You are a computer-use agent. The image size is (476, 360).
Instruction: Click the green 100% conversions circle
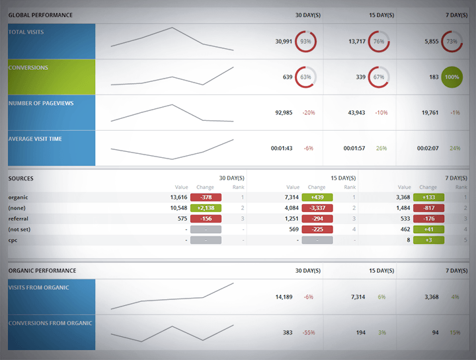pyautogui.click(x=452, y=77)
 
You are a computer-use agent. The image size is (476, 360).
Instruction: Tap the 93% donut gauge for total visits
pyautogui.click(x=305, y=41)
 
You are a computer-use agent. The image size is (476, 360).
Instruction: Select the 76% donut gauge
pyautogui.click(x=378, y=41)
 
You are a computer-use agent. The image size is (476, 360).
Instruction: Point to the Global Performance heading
pyautogui.click(x=40, y=15)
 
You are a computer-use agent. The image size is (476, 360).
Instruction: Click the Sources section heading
pyautogui.click(x=20, y=178)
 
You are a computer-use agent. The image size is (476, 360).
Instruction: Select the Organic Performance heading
pyautogui.click(x=42, y=271)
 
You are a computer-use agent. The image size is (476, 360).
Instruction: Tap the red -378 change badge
pyautogui.click(x=206, y=197)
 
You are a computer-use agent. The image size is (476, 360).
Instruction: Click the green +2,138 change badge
pyautogui.click(x=206, y=207)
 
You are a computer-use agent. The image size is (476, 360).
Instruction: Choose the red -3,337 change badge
pyautogui.click(x=317, y=207)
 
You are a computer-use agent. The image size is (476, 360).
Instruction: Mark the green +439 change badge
pyautogui.click(x=317, y=197)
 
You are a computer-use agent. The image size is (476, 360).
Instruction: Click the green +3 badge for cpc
pyautogui.click(x=428, y=240)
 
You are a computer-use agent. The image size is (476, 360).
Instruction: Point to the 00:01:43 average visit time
pyautogui.click(x=282, y=148)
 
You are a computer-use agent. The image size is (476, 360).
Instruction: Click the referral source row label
pyautogui.click(x=19, y=218)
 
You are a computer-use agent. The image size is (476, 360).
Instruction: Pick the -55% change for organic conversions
pyautogui.click(x=308, y=332)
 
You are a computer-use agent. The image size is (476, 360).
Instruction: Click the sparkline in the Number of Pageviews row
pyautogui.click(x=172, y=113)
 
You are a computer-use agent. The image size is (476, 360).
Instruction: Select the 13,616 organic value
pyautogui.click(x=178, y=197)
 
